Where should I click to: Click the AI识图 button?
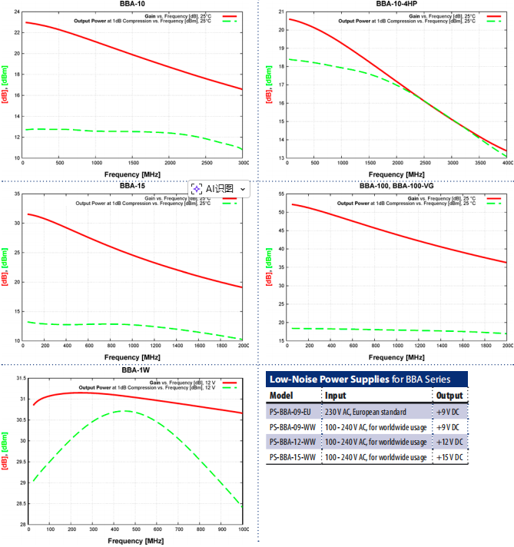click(x=220, y=188)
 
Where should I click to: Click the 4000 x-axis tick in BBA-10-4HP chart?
click(x=506, y=164)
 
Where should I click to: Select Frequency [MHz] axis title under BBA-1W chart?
click(x=136, y=541)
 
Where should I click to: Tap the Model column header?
click(x=282, y=396)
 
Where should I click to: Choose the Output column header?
click(x=449, y=396)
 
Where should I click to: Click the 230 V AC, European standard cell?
click(x=366, y=412)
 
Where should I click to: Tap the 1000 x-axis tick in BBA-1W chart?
click(x=244, y=529)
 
